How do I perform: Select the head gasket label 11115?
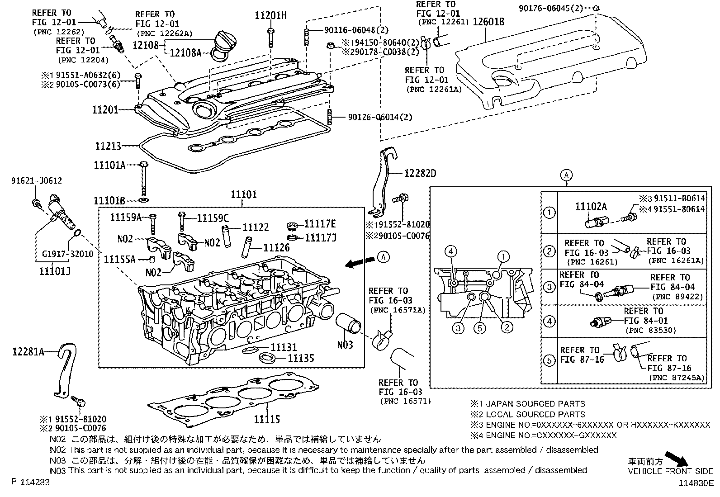click(266, 420)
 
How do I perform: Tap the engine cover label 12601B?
click(488, 21)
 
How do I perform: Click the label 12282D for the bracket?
click(420, 173)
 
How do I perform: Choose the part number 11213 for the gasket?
click(108, 146)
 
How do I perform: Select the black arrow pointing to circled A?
click(360, 262)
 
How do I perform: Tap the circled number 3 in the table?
click(549, 287)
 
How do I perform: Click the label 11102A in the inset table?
click(591, 207)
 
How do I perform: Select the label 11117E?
click(320, 224)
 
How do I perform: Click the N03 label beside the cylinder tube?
click(345, 345)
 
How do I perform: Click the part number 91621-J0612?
click(37, 181)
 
